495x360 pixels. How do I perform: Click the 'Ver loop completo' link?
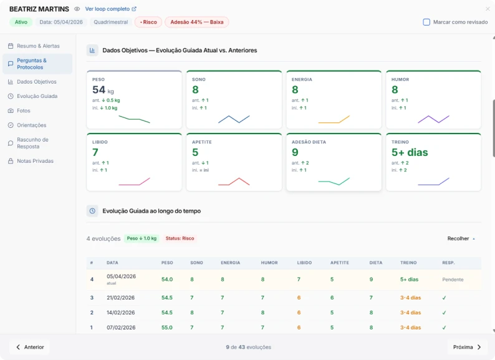(110, 9)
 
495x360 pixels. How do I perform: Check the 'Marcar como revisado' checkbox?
(426, 22)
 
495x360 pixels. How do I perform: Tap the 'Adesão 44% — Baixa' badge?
(196, 22)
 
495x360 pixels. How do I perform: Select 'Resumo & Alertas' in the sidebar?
(38, 46)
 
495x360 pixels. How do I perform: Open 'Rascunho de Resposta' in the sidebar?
(32, 143)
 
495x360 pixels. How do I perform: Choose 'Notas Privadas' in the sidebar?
(35, 161)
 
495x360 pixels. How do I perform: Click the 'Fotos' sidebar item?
(24, 110)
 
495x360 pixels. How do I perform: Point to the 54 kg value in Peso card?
(100, 90)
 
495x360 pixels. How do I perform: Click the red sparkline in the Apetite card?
(234, 182)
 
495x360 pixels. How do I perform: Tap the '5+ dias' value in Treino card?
(410, 152)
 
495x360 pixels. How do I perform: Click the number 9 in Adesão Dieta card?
(295, 152)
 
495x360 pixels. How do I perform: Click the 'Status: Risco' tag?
(180, 238)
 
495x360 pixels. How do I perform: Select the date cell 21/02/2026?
(121, 298)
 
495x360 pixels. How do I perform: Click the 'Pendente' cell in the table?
(453, 280)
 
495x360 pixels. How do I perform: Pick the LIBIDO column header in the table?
(304, 263)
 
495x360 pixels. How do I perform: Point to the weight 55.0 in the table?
(167, 328)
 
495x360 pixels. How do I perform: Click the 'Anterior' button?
(29, 347)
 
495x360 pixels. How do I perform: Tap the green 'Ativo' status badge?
(21, 22)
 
